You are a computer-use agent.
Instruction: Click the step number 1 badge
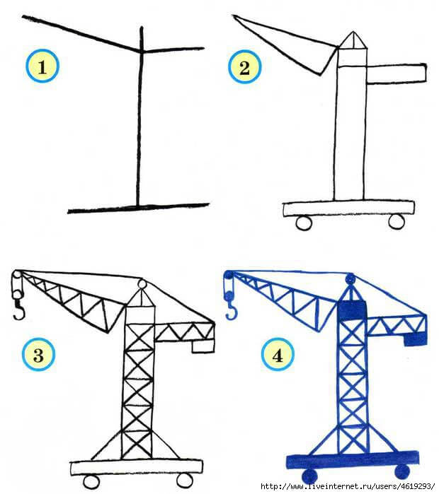42,66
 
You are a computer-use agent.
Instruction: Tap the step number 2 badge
244,67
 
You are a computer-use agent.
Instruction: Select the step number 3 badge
38,355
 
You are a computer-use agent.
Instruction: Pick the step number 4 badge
278,355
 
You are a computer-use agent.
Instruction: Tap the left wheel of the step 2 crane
304,223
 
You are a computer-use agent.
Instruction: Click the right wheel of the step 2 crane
397,221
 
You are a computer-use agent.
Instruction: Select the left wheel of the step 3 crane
91,482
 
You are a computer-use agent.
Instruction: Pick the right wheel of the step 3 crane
185,480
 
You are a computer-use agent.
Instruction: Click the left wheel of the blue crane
309,476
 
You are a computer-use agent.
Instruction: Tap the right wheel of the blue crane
402,471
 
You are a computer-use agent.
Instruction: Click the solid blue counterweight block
416,339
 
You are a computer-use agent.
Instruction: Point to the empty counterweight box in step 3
203,346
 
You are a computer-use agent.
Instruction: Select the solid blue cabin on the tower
352,311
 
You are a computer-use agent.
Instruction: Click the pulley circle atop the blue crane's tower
350,279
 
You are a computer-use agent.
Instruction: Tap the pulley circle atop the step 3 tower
142,285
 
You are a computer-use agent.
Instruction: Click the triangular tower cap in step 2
353,42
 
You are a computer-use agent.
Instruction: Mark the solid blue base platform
353,461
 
